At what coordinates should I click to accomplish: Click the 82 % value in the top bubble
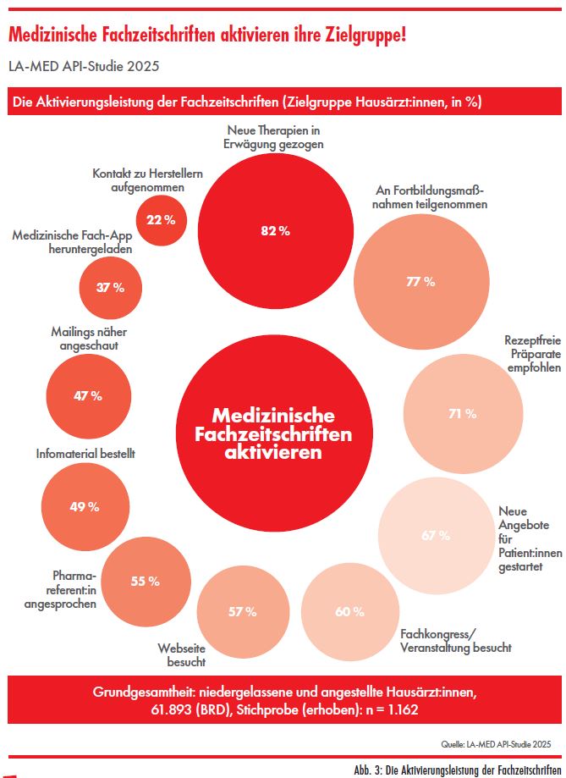tap(274, 231)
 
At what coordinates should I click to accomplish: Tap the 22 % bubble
tap(160, 220)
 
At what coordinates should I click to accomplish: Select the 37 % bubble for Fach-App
tap(110, 287)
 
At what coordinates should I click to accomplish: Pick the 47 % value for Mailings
tap(86, 372)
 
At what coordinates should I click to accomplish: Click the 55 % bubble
tap(145, 581)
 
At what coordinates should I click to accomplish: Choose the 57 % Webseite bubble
tap(239, 611)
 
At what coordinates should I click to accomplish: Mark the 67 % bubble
tap(436, 535)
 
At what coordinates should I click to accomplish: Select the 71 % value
tap(462, 414)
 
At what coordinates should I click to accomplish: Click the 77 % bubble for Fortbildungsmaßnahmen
tap(420, 282)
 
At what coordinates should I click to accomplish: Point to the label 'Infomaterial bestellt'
tap(85, 454)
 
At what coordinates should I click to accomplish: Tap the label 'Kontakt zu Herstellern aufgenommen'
tap(147, 180)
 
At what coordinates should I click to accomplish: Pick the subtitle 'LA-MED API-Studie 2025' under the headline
tap(83, 64)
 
